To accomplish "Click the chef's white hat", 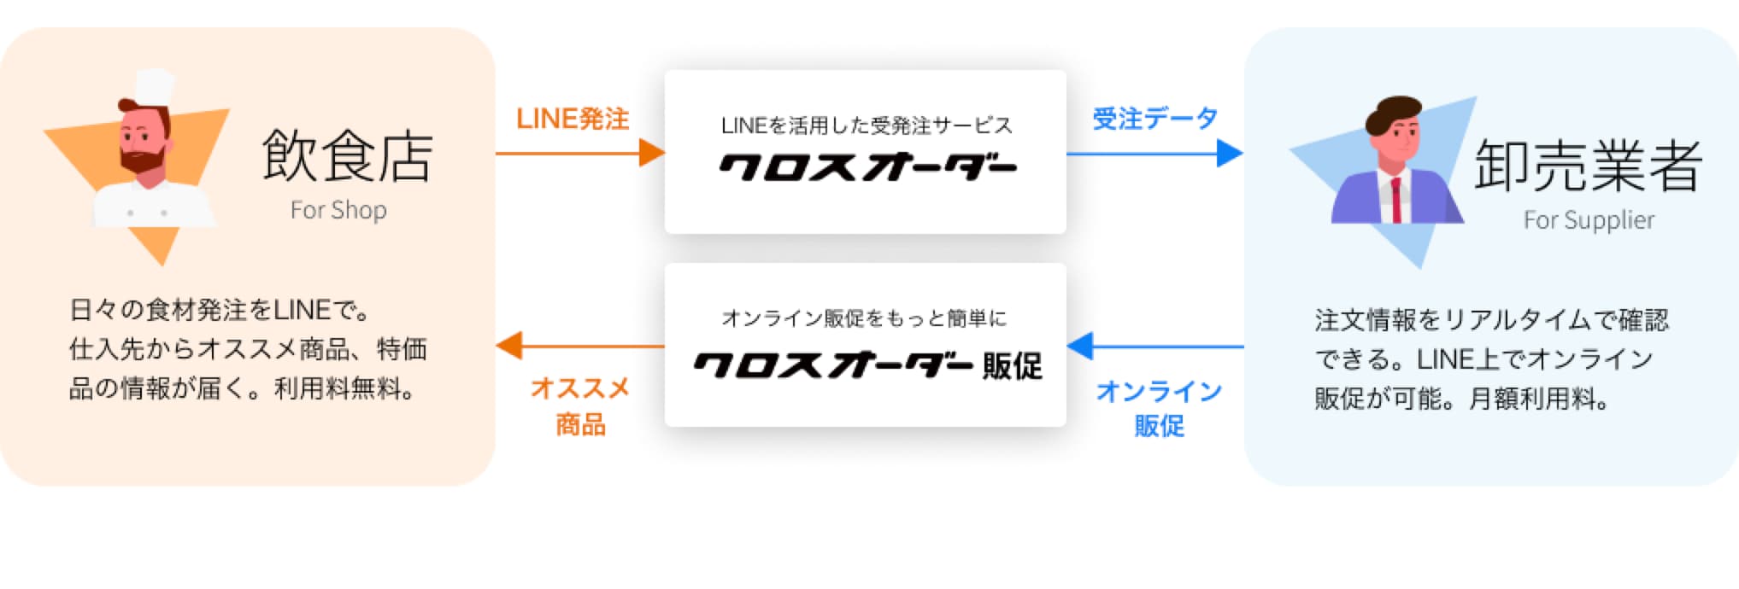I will point(154,86).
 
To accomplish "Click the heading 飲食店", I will point(347,156).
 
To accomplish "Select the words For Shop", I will point(338,210).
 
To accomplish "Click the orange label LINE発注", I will point(573,119).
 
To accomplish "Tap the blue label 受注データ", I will point(1154,119).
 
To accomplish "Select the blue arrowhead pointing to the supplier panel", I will point(1230,154).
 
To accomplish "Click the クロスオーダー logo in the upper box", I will point(867,167).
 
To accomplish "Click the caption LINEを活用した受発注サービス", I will point(867,126).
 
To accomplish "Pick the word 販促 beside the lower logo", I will point(1013,366).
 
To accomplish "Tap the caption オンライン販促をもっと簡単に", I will point(864,318).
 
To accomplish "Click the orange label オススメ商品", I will point(580,406).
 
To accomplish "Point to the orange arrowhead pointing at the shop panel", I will point(509,346).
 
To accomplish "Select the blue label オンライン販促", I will point(1159,408).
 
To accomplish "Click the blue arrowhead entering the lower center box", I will point(1081,346).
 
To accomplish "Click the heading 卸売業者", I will point(1588,166).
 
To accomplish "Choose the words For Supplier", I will point(1589,220).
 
